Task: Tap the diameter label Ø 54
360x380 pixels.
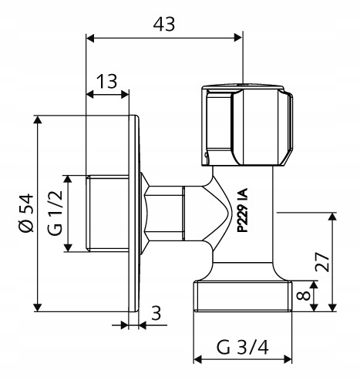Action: (24, 214)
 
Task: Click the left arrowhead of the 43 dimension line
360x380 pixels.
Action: (89, 37)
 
